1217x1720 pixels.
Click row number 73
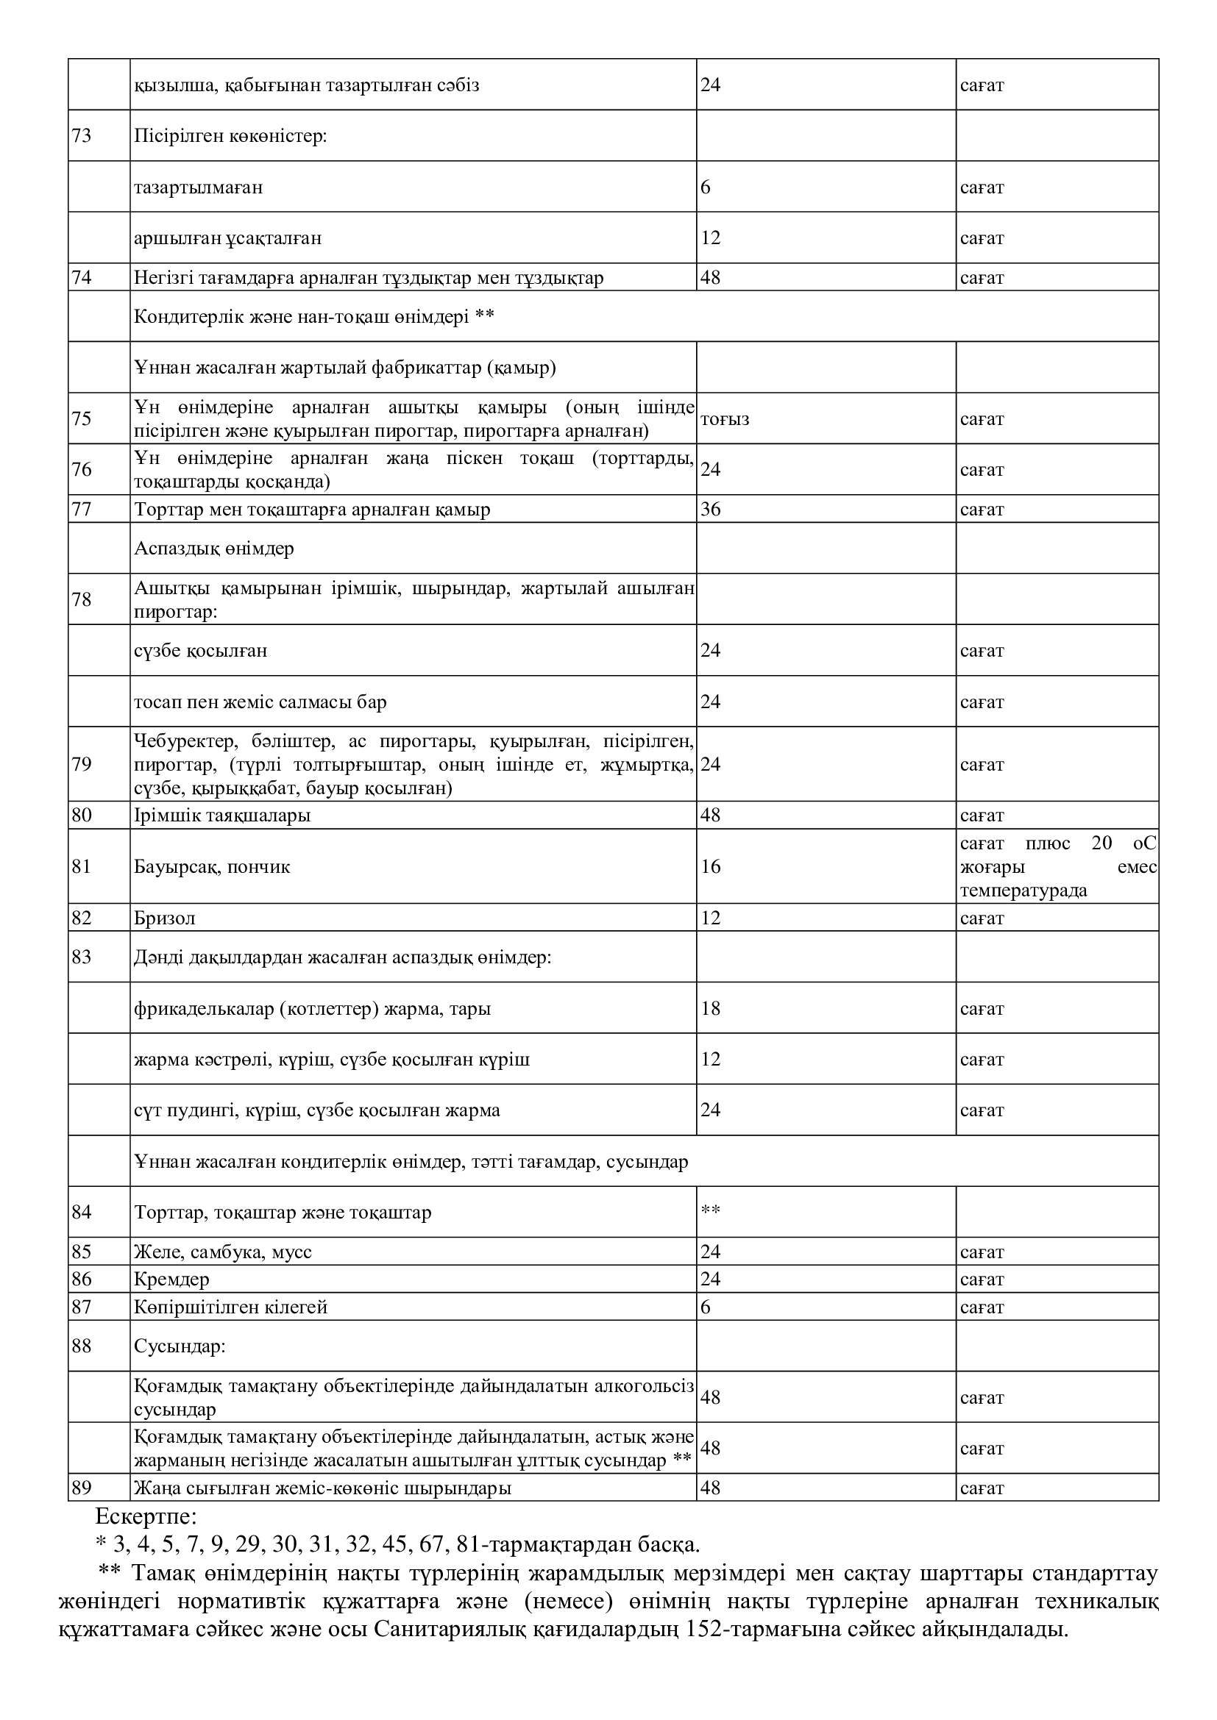81,135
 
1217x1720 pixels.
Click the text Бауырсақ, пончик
211,867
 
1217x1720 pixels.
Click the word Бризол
164,918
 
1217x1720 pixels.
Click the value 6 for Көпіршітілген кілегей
705,1307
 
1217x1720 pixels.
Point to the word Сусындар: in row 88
180,1346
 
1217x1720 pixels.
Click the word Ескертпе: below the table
146,1518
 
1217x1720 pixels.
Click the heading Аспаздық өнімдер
213,549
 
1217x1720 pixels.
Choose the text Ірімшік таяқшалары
221,815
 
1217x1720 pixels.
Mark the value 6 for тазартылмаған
705,187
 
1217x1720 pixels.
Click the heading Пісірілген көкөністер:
230,135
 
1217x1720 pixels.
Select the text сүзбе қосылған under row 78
200,650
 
